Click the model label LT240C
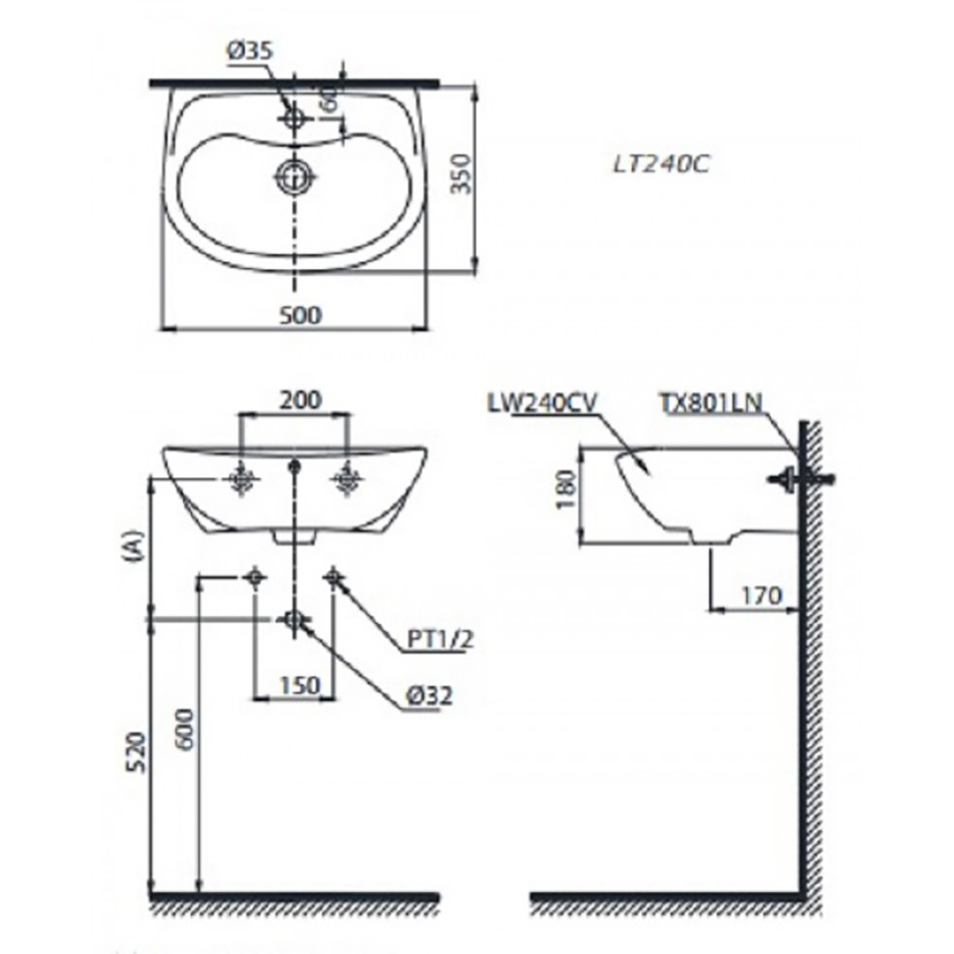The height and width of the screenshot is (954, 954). coord(662,164)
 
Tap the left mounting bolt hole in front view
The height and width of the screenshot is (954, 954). coord(241,480)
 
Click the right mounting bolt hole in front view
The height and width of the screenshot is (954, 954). coord(347,480)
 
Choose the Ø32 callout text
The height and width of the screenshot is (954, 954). coord(426,697)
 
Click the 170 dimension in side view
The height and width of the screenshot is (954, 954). coord(760,597)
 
